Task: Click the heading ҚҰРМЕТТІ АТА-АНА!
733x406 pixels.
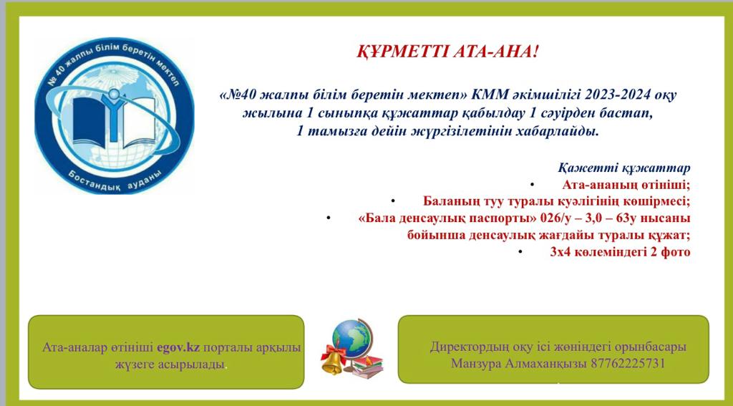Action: (447, 52)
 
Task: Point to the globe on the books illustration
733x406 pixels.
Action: (349, 336)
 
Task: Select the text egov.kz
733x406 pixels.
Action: (178, 347)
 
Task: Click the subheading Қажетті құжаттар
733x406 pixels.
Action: (623, 168)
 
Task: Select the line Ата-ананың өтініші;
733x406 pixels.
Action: (626, 185)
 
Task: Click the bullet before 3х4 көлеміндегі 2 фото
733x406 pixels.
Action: (520, 252)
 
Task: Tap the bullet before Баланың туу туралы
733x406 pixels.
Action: (393, 201)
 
